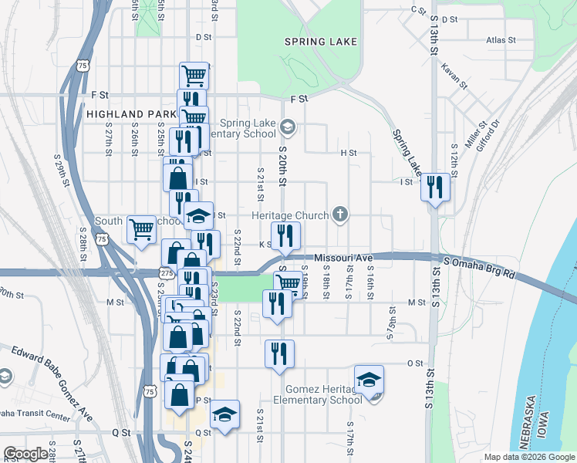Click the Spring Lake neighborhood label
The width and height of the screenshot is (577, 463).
pyautogui.click(x=321, y=42)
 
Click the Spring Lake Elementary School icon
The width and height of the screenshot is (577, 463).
pyautogui.click(x=288, y=126)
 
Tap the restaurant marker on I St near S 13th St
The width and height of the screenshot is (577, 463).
pyautogui.click(x=436, y=187)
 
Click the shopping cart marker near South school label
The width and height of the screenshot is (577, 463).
pyautogui.click(x=141, y=229)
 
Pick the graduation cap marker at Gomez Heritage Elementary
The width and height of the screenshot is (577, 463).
pyautogui.click(x=369, y=379)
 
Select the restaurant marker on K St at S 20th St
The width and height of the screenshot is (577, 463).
pyautogui.click(x=285, y=235)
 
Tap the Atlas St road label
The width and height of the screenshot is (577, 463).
pyautogui.click(x=501, y=39)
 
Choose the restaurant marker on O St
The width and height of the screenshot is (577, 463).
pyautogui.click(x=279, y=353)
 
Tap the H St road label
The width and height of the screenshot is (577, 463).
pyautogui.click(x=349, y=153)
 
